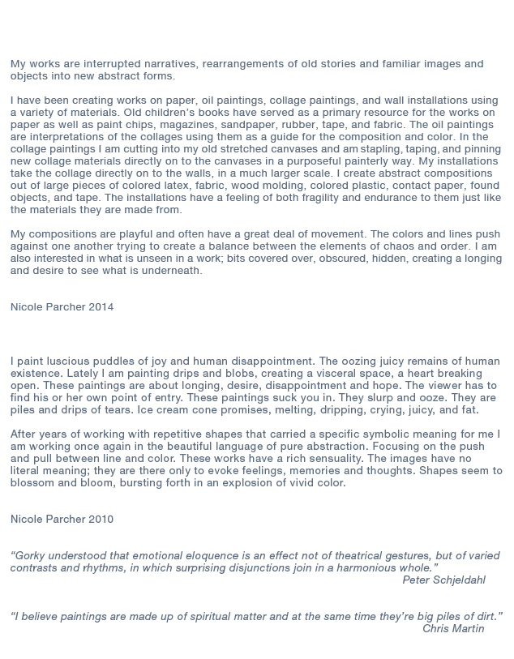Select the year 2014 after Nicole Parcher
coord(101,307)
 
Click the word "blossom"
coord(32,483)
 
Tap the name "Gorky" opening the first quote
coord(32,556)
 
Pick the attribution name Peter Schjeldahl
coord(443,580)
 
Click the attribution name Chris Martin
coord(453,629)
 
